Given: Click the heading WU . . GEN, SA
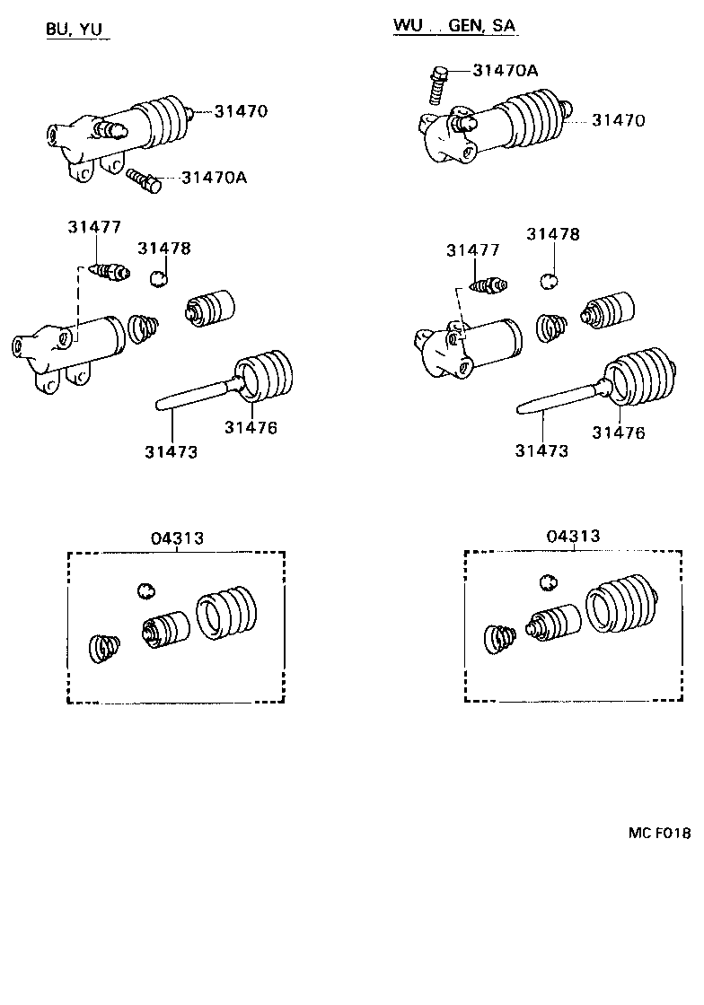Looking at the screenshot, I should (453, 26).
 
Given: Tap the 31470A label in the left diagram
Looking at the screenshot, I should (214, 178).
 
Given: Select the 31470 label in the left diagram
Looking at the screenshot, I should (241, 111).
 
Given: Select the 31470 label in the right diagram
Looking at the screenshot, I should (618, 120).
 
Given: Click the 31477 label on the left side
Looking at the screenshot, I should (93, 228).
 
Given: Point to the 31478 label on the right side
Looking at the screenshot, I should (553, 234).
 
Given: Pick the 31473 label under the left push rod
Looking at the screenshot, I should (171, 451).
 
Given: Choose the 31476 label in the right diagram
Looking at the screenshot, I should (618, 433).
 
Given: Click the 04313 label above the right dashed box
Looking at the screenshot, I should (573, 536).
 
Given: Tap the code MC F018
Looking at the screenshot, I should (658, 833).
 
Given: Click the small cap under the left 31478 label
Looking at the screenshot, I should (158, 278).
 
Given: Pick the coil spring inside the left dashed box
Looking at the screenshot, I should (106, 648).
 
